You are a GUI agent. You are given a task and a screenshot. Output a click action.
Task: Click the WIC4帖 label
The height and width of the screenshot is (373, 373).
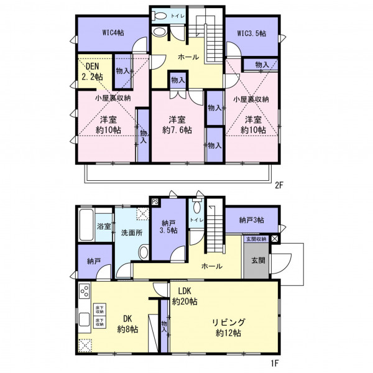113,32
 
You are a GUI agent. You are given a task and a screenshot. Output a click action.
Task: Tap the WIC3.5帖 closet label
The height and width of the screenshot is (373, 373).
252,34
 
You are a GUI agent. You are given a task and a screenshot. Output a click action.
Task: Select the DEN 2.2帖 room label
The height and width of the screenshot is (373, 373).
93,71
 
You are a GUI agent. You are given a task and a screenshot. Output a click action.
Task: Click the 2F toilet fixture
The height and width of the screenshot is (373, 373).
159,16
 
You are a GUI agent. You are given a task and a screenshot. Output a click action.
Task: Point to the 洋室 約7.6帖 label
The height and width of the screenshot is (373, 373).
177,125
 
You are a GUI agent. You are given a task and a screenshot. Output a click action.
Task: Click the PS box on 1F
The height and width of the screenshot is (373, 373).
155,202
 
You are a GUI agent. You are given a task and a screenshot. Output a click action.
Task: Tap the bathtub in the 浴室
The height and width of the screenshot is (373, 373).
86,225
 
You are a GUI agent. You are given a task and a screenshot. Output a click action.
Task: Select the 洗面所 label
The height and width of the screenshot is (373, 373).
132,233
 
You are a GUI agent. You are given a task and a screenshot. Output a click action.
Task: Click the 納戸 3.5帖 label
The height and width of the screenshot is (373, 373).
168,227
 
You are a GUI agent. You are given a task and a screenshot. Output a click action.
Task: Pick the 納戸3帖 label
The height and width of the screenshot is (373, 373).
251,220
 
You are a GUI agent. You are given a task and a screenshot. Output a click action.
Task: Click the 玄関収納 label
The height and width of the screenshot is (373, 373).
256,239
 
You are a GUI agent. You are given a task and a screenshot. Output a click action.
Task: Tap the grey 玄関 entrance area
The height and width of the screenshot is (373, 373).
257,260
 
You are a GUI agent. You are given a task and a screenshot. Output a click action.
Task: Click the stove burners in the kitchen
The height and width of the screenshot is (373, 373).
85,291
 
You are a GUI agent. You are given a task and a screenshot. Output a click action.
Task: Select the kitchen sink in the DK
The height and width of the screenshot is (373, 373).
84,320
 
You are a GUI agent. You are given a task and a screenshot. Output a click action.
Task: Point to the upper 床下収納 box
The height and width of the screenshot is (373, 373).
99,310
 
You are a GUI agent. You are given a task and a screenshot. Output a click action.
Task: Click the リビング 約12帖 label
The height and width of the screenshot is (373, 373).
228,328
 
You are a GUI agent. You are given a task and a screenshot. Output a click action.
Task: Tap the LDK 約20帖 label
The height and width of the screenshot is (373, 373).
185,296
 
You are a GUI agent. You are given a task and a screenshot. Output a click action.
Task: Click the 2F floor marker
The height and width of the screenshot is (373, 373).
279,185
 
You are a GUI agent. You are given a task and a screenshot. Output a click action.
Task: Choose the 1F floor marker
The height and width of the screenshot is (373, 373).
275,363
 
